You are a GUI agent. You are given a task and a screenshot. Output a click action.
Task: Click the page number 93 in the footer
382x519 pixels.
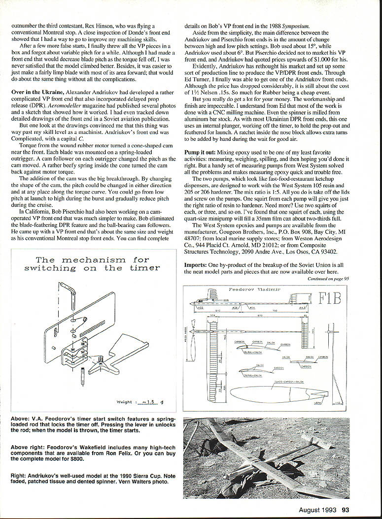pyautogui.click(x=346, y=510)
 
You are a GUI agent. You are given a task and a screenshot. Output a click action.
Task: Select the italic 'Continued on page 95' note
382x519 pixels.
pyautogui.click(x=328, y=278)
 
